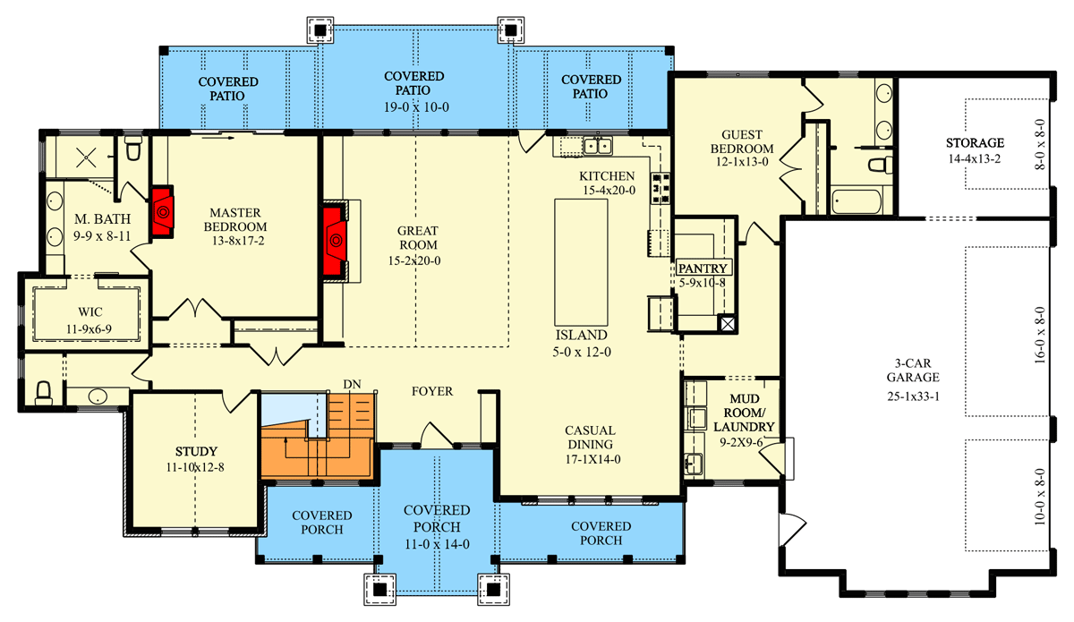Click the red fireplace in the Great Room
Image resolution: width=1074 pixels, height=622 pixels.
pyautogui.click(x=336, y=239)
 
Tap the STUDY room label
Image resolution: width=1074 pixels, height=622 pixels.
pyautogui.click(x=197, y=451)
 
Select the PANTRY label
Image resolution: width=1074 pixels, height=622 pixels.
pyautogui.click(x=703, y=268)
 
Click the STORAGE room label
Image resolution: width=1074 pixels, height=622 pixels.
pyautogui.click(x=975, y=143)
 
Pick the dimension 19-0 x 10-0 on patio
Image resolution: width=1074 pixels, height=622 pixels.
pyautogui.click(x=417, y=107)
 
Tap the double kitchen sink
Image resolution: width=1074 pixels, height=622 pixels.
pyautogui.click(x=597, y=144)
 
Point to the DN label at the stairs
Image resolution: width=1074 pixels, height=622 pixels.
pyautogui.click(x=352, y=383)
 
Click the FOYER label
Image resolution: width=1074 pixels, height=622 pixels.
pyautogui.click(x=431, y=391)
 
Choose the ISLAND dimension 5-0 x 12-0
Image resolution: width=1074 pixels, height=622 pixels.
pyautogui.click(x=582, y=352)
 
